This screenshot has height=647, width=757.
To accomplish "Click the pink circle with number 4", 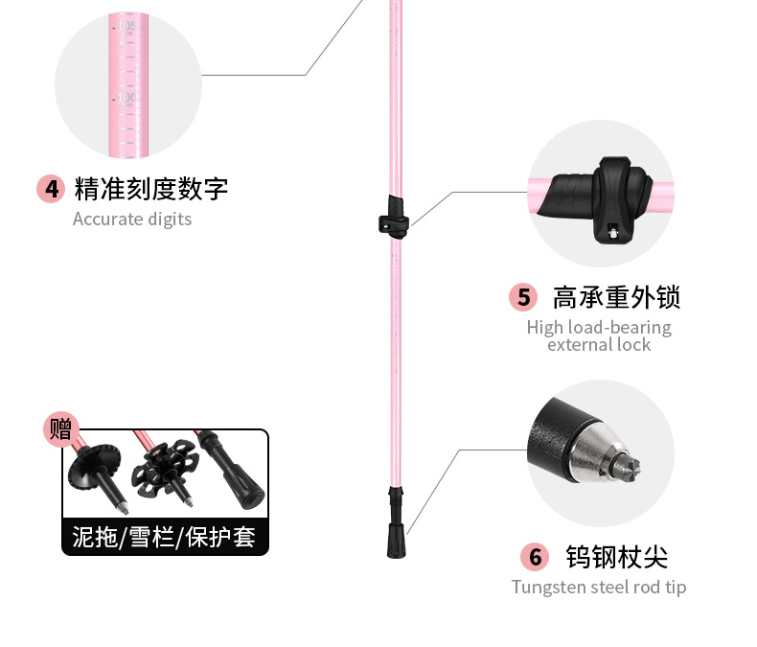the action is (x=51, y=188).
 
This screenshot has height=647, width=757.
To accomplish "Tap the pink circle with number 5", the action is (x=523, y=297).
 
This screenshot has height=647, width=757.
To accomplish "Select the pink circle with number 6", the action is (x=536, y=557).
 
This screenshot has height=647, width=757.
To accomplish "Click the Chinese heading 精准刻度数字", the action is (x=151, y=188).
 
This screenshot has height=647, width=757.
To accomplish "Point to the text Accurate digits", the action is (x=132, y=219).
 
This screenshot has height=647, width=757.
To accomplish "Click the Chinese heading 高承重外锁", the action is (x=616, y=297).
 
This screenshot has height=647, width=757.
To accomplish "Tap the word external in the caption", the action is (x=580, y=345).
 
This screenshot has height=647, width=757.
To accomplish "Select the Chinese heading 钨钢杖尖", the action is (x=616, y=557).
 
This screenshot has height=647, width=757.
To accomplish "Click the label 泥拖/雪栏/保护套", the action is (x=165, y=537).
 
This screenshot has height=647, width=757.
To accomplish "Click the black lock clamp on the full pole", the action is (x=393, y=214).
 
